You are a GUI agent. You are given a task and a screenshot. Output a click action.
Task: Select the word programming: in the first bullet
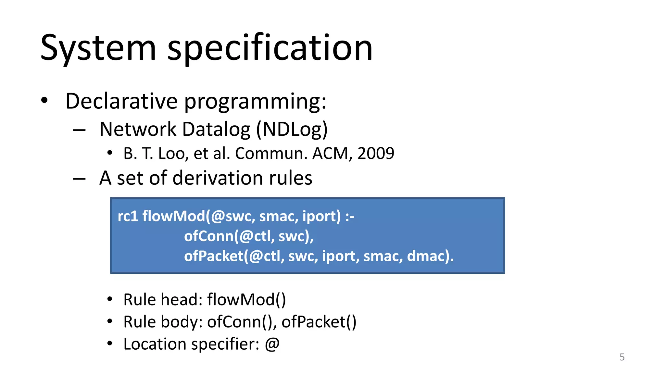[255, 102]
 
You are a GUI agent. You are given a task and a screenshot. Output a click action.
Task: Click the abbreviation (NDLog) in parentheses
[292, 130]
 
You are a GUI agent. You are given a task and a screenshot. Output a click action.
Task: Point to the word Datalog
[216, 130]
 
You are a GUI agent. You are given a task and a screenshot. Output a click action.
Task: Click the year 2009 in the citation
[376, 153]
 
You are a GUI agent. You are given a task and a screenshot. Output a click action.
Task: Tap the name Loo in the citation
[171, 153]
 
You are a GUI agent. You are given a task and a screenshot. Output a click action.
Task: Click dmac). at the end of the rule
[430, 256]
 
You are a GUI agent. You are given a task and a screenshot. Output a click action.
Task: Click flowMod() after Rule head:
[246, 299]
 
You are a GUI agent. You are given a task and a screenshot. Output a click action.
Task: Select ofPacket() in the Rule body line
[319, 322]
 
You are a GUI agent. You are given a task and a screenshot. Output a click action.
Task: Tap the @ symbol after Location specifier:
[272, 344]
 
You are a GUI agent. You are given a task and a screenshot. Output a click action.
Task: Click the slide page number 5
[622, 357]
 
